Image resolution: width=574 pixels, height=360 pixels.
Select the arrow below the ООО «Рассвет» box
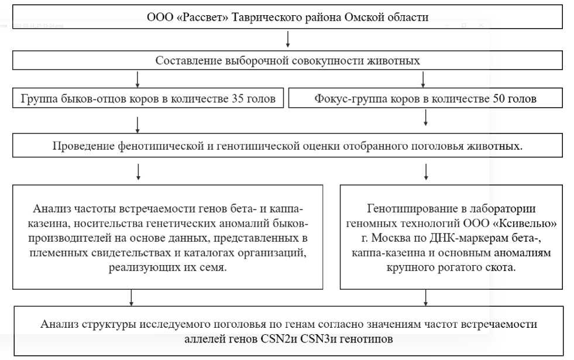coord(288,39)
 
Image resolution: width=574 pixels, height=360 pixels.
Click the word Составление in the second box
coord(185,60)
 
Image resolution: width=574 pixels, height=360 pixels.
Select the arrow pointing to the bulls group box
coord(138,79)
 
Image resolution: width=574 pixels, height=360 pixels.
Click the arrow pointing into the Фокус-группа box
coord(425,79)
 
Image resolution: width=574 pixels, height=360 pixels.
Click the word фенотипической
coord(160,146)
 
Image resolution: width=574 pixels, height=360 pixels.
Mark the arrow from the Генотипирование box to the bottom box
coord(425,298)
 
